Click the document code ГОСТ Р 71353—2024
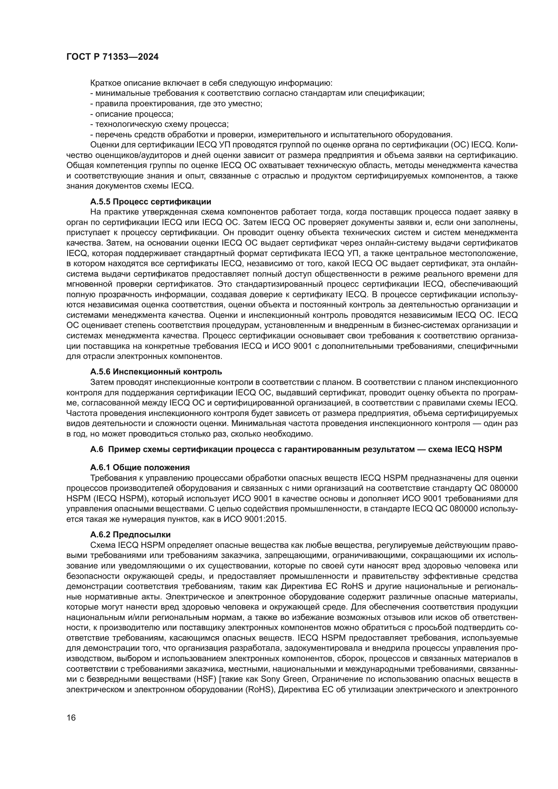point(112,57)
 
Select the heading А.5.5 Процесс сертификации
point(150,201)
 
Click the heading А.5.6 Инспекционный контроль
point(156,372)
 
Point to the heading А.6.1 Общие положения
point(140,467)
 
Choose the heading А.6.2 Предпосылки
point(130,535)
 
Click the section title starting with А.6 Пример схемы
point(296,449)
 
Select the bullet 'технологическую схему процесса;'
point(160,124)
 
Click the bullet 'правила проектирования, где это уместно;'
point(176,104)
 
